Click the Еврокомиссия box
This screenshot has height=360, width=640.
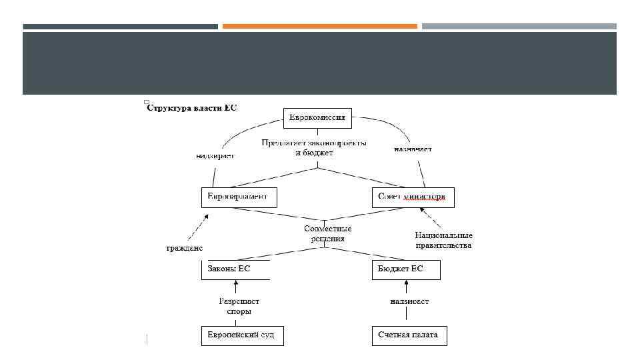[317, 119]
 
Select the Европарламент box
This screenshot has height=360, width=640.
[238, 197]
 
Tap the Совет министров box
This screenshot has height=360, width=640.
[414, 197]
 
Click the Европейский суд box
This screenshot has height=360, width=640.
[242, 335]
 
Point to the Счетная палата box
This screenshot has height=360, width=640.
[409, 335]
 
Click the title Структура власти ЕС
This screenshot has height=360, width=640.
[192, 108]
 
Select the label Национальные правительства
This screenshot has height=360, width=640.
[443, 240]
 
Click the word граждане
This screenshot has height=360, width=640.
[184, 249]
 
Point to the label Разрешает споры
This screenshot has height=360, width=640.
[235, 306]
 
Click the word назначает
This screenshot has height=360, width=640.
[413, 149]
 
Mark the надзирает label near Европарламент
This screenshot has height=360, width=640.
[215, 156]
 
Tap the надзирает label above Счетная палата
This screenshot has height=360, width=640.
[409, 301]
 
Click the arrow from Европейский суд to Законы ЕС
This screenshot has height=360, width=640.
[235, 289]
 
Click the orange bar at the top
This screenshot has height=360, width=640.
[320, 27]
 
